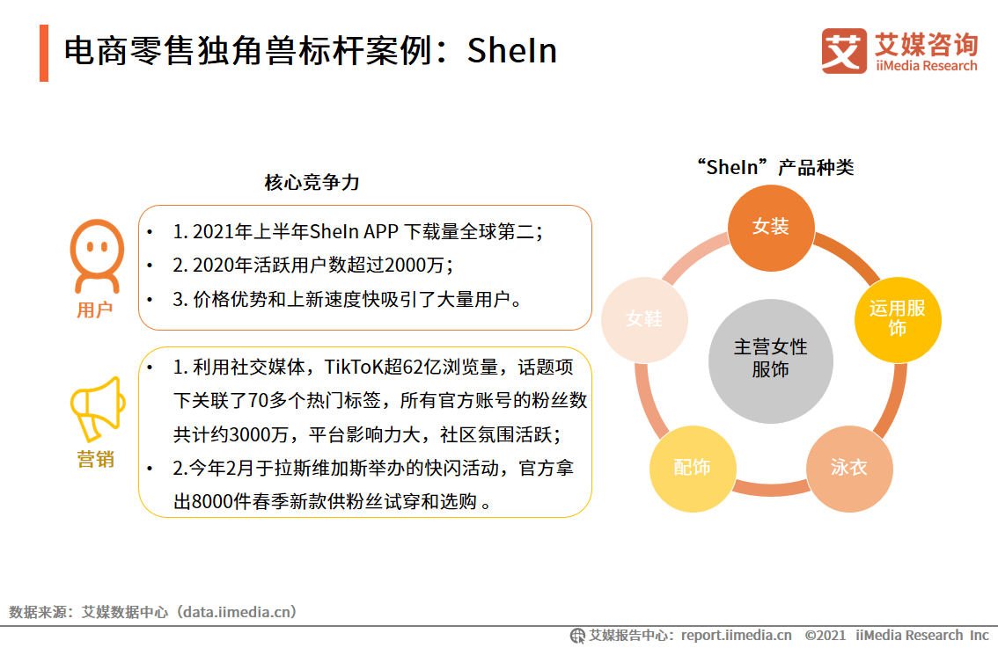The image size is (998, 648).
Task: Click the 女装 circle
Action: coord(771,227)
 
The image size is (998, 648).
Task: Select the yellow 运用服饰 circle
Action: coord(898,318)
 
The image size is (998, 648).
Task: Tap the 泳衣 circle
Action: coord(849,468)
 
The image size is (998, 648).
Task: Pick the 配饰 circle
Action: coord(692,468)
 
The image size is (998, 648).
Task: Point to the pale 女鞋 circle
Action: coord(644,319)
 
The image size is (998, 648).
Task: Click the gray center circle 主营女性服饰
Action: coord(771,359)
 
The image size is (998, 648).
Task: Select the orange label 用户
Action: coord(95,310)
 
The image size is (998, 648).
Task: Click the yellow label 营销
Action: coord(95,459)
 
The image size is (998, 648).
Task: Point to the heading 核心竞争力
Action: coord(312,183)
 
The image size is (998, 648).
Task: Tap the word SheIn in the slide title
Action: coord(512,51)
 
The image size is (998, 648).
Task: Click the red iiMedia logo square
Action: coord(844,50)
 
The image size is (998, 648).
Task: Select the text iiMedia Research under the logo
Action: coord(926,66)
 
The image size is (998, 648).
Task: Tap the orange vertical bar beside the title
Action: coord(44,53)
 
